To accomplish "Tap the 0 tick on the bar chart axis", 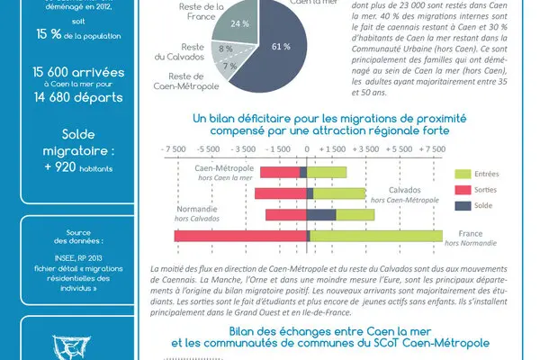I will [x=307, y=149].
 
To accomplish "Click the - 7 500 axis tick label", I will [x=173, y=149].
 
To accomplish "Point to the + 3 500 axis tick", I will [x=375, y=149].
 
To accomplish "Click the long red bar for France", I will [x=240, y=236].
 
